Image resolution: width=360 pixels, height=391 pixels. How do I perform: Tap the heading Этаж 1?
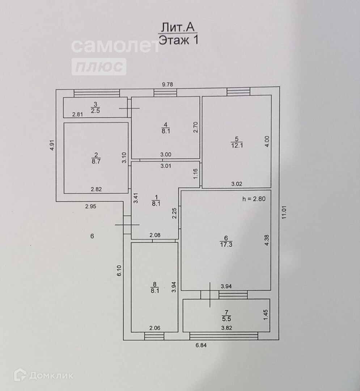pos(179,39)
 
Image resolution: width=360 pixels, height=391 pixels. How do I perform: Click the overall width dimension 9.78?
pos(168,84)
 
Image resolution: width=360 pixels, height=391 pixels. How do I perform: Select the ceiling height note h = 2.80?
pos(254,199)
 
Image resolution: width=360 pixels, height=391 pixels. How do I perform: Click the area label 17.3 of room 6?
pos(226,245)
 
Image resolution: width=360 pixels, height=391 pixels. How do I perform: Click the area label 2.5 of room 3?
pos(95,111)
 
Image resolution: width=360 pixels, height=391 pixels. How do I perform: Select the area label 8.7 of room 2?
pos(96,162)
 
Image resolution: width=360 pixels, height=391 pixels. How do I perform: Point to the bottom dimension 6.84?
pos(202,345)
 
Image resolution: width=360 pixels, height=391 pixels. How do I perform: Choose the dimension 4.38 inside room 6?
pos(267,240)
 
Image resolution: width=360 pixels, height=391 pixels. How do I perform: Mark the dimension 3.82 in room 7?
pos(227,328)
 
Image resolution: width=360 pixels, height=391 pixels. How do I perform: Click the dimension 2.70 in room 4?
pos(196,127)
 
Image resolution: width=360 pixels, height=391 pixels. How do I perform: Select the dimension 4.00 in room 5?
pos(267,140)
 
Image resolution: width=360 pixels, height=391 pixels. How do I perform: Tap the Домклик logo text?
pos(51,375)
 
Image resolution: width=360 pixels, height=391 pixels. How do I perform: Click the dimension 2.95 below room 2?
pos(91,206)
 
